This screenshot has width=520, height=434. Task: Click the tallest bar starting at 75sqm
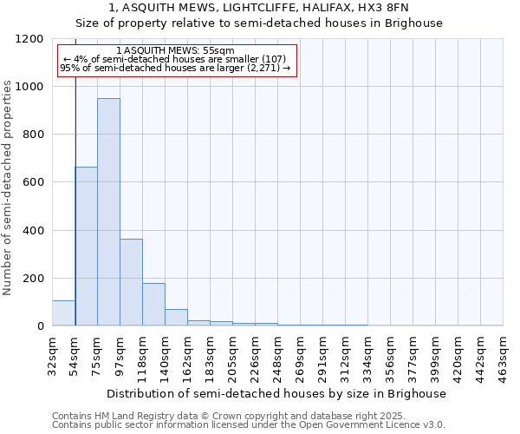coord(108,212)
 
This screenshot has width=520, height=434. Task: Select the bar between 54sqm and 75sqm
coord(86,246)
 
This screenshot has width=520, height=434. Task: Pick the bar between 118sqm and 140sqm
coord(153,304)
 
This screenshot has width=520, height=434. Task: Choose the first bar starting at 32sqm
coord(63,313)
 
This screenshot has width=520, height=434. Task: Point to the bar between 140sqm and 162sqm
coord(176,318)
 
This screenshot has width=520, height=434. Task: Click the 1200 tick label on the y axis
coord(29,39)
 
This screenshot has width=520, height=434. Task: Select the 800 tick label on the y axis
coord(33,135)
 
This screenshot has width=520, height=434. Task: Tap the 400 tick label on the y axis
coord(33,231)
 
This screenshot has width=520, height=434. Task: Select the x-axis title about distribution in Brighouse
coord(277,393)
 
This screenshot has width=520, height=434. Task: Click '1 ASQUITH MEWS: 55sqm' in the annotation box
coord(174,51)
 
